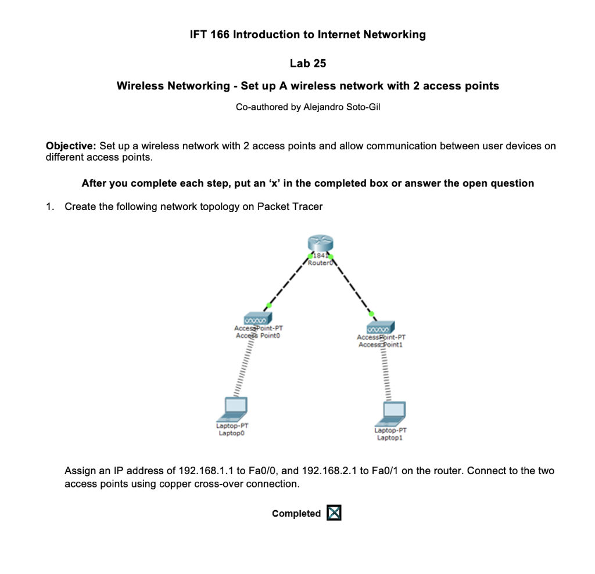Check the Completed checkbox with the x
click(x=334, y=513)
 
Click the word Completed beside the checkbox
click(x=296, y=514)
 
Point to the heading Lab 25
click(x=307, y=63)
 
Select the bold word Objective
click(x=71, y=146)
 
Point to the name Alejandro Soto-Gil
click(x=342, y=107)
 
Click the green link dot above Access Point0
click(x=268, y=305)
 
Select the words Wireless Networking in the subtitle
click(x=173, y=86)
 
